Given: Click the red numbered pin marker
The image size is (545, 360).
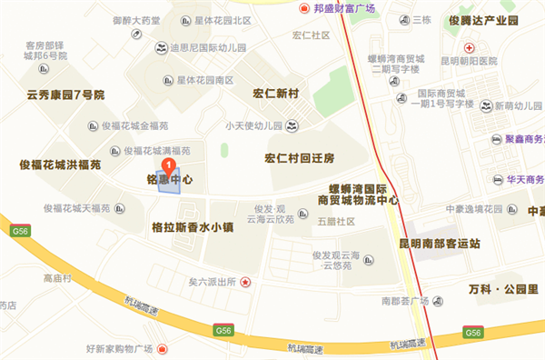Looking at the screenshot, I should click(168, 165).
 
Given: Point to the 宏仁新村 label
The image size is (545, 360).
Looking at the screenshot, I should click(282, 93).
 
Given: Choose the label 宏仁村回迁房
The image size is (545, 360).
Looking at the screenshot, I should click(300, 158).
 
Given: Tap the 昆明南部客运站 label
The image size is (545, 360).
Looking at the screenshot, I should click(439, 245).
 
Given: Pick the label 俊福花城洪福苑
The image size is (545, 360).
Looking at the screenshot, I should click(60, 165).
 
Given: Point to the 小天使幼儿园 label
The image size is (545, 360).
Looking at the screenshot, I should click(253, 125).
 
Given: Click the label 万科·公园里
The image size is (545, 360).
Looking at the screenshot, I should click(498, 289).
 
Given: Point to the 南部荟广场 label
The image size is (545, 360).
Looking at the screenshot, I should click(405, 300).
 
